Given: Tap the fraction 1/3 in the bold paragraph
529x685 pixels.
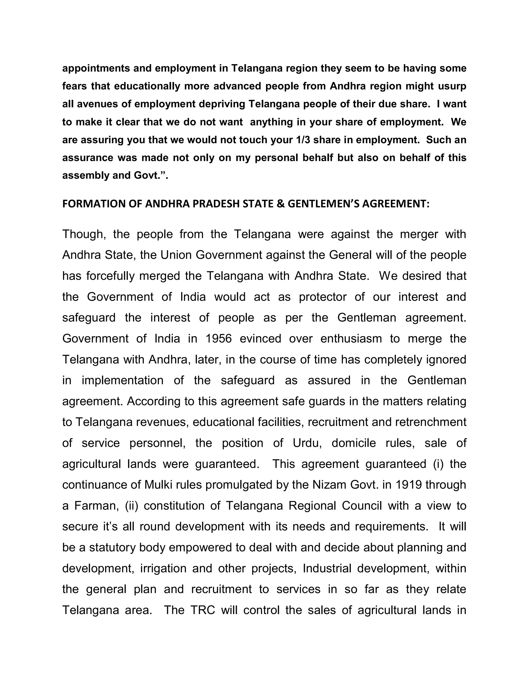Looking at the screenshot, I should tap(303, 140).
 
